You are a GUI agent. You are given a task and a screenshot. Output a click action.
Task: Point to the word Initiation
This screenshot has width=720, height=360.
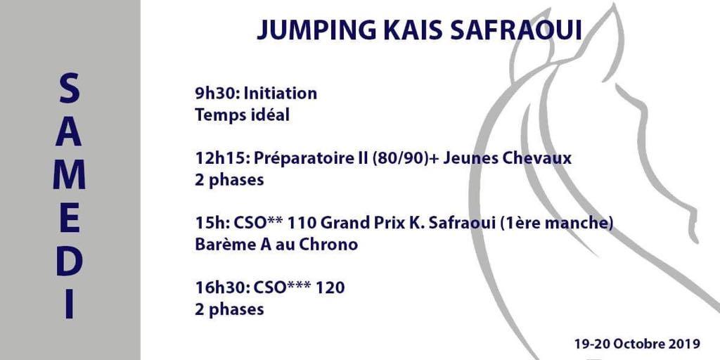coord(280,94)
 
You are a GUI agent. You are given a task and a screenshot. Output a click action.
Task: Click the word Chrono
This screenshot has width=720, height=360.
coord(328,245)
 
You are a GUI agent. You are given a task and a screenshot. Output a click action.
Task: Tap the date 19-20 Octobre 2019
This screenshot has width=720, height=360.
coord(637,343)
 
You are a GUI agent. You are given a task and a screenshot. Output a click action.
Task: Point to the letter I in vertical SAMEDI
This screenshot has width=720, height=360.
coord(70,304)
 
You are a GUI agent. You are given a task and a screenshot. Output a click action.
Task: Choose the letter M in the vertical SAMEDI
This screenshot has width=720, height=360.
coord(70,174)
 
